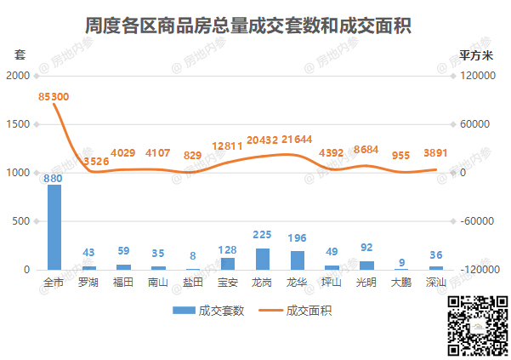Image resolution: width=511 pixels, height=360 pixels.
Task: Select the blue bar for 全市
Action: point(54,227)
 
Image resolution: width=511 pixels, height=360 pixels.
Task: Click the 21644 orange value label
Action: point(297,139)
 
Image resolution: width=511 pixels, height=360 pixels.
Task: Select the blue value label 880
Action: point(54,178)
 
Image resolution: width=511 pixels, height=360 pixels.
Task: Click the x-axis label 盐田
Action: point(193,282)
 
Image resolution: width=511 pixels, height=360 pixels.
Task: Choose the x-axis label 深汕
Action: point(435,282)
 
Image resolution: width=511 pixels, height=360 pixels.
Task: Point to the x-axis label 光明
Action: point(366,282)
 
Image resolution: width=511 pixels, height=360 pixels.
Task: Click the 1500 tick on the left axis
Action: point(19,124)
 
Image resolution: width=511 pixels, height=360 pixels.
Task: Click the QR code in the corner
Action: point(478,325)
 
